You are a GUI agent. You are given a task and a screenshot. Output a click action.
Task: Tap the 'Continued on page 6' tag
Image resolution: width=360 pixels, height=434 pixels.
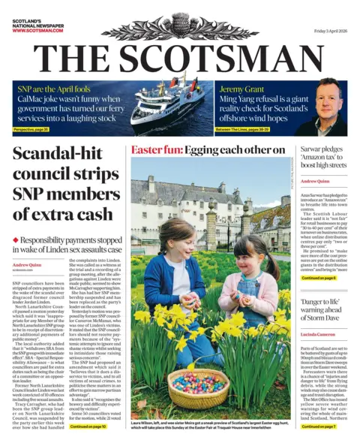click(x=319, y=278)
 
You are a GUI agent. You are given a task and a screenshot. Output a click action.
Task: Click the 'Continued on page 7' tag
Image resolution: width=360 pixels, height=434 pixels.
click(x=319, y=426)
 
